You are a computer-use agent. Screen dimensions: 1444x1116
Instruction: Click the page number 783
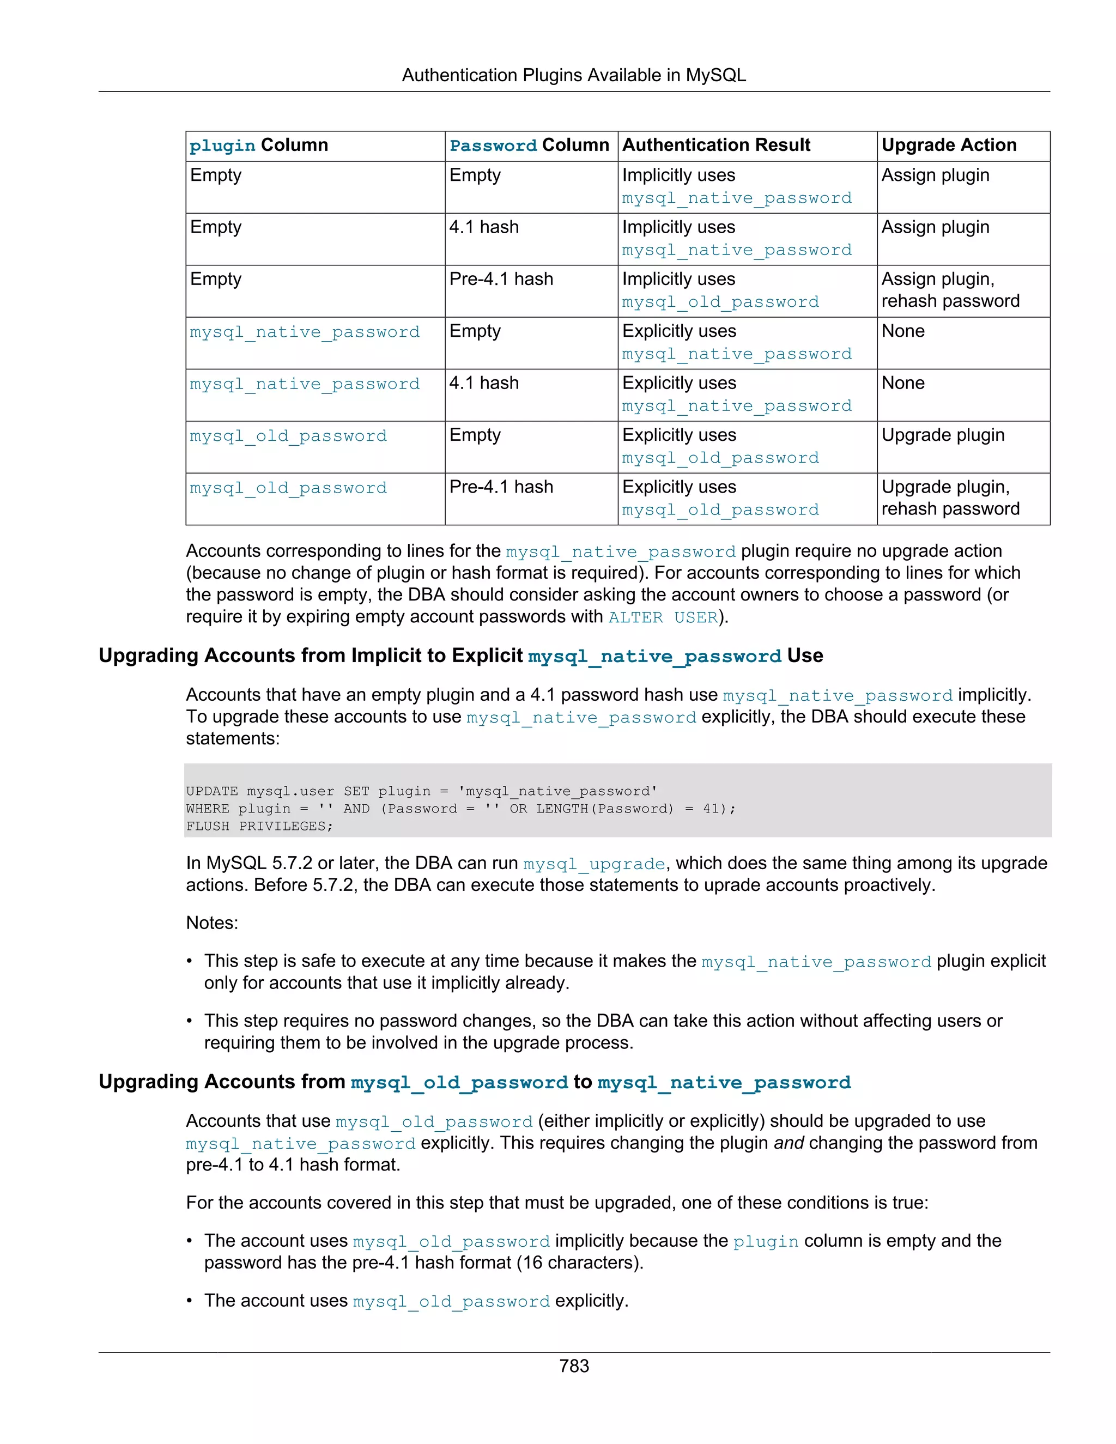pyautogui.click(x=573, y=1366)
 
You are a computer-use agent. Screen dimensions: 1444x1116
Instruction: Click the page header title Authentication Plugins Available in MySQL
pyautogui.click(x=573, y=75)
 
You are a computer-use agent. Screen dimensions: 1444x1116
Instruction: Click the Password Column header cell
pyautogui.click(x=529, y=145)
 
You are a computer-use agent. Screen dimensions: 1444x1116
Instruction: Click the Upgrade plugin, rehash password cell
pyautogui.click(x=949, y=498)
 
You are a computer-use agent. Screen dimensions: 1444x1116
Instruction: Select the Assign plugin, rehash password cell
pyautogui.click(x=949, y=289)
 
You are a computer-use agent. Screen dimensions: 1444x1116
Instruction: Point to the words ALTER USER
pyautogui.click(x=663, y=617)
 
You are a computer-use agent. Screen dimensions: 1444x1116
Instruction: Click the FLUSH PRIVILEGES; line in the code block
pyautogui.click(x=259, y=826)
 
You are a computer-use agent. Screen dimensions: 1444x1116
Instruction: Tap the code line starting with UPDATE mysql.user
pyautogui.click(x=421, y=791)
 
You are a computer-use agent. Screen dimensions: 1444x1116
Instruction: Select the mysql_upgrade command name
pyautogui.click(x=594, y=864)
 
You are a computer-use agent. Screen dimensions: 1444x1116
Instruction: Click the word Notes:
pyautogui.click(x=211, y=923)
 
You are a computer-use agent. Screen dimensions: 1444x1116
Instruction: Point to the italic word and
pyautogui.click(x=788, y=1143)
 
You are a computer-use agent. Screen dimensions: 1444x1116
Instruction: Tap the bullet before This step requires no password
pyautogui.click(x=190, y=1021)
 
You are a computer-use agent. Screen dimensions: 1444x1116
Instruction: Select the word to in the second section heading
pyautogui.click(x=582, y=1081)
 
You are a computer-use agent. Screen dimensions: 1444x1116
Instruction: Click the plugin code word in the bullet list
pyautogui.click(x=766, y=1242)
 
